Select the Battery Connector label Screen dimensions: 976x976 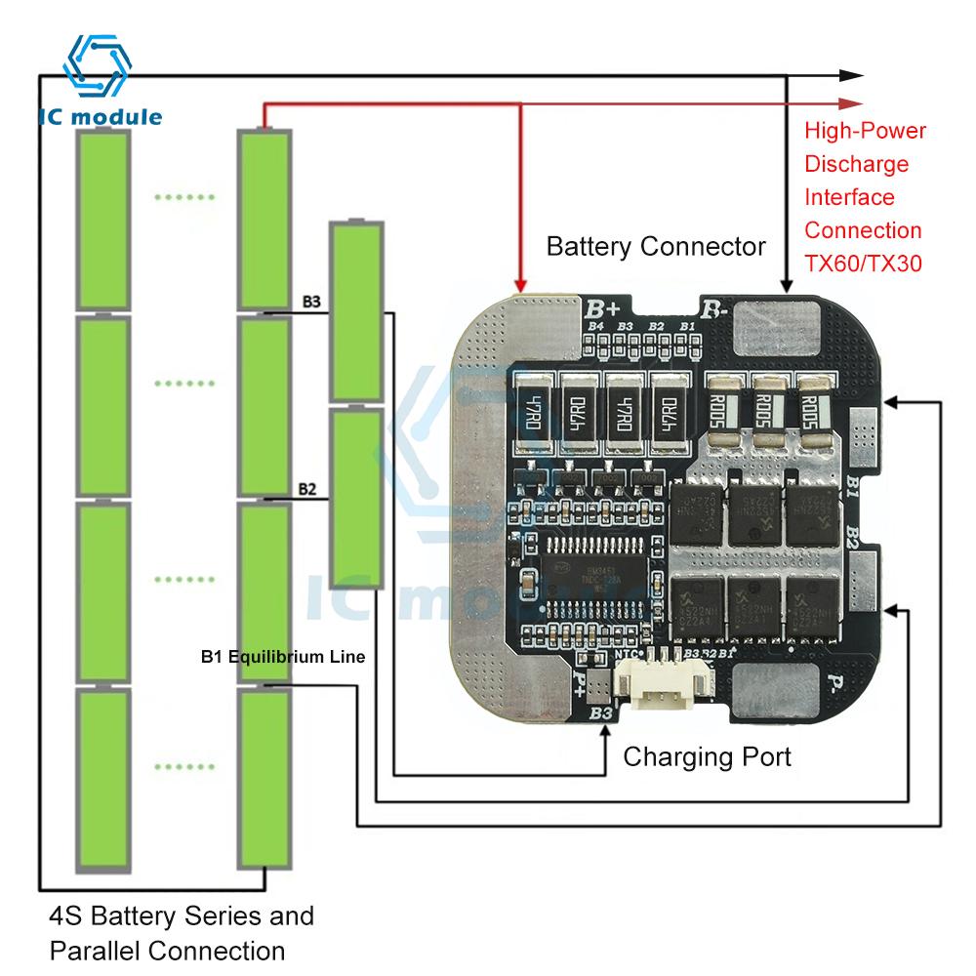pyautogui.click(x=656, y=246)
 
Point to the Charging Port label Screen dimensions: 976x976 pyautogui.click(x=708, y=756)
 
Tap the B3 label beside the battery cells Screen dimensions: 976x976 pyautogui.click(x=310, y=302)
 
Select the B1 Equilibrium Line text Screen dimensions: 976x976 pyautogui.click(x=283, y=658)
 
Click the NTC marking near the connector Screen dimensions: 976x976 pyautogui.click(x=625, y=655)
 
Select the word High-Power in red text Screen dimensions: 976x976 pyautogui.click(x=865, y=131)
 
